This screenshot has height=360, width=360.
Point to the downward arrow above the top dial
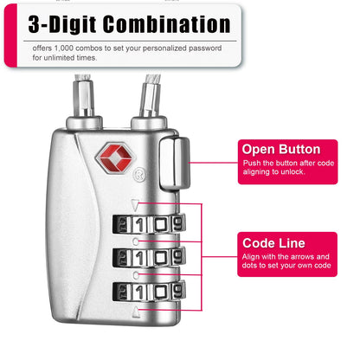click(134, 206)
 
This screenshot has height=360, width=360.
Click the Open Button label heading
click(280, 149)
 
